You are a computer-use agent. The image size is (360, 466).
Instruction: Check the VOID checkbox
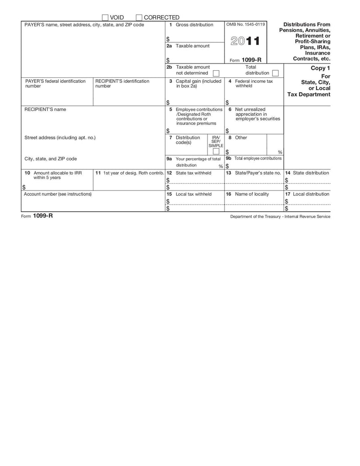pyautogui.click(x=105, y=18)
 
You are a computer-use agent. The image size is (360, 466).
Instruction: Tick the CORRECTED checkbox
pyautogui.click(x=139, y=18)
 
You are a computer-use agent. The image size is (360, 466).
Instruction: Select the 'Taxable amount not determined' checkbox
pyautogui.click(x=216, y=73)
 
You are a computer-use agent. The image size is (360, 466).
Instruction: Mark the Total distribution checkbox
pyautogui.click(x=275, y=73)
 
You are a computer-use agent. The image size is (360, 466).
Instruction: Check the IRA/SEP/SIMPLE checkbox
pyautogui.click(x=216, y=151)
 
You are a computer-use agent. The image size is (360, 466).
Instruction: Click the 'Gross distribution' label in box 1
pyautogui.click(x=194, y=25)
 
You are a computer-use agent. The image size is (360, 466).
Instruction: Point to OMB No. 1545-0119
pyautogui.click(x=246, y=24)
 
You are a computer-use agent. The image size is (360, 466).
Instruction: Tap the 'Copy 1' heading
pyautogui.click(x=320, y=68)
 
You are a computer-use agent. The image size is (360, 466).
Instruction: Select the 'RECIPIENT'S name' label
pyautogui.click(x=45, y=109)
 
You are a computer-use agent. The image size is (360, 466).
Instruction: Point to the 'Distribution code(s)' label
pyautogui.click(x=188, y=140)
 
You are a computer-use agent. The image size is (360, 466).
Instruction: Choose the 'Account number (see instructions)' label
pyautogui.click(x=58, y=194)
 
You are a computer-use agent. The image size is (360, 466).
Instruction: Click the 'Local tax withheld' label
pyautogui.click(x=193, y=194)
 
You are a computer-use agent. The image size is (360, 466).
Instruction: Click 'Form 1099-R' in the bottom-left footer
pyautogui.click(x=37, y=216)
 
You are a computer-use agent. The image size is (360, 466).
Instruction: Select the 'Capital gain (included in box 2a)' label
pyautogui.click(x=198, y=83)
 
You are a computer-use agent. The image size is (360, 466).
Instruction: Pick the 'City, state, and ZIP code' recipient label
pyautogui.click(x=50, y=159)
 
